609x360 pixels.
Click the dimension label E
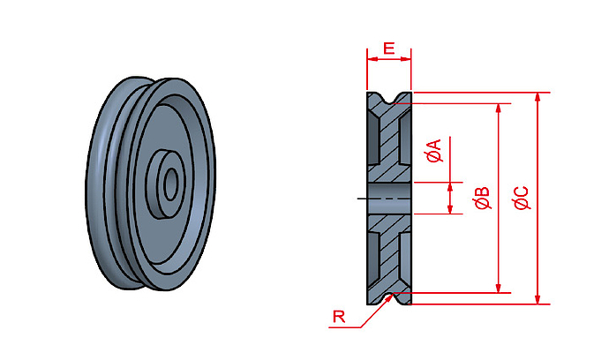click(389, 49)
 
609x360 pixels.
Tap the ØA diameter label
click(433, 152)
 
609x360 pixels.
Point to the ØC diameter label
click(522, 198)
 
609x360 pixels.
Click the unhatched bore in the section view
click(389, 199)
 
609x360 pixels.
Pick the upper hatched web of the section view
click(389, 141)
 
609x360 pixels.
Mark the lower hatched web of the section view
click(389, 256)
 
